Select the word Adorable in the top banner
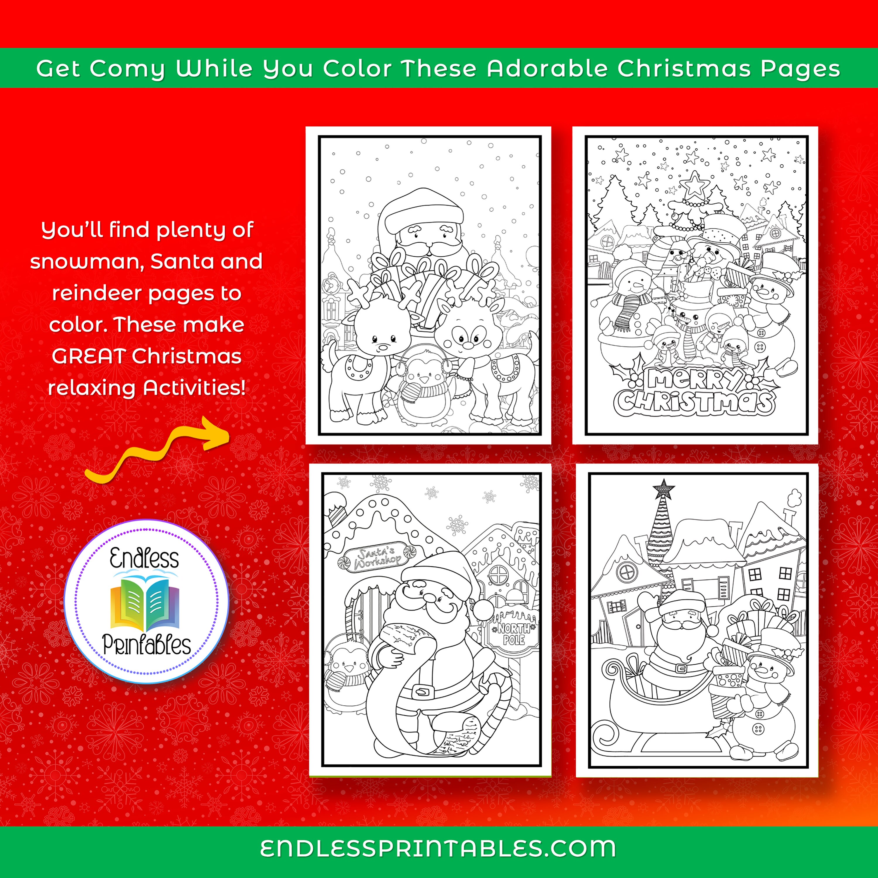[547, 68]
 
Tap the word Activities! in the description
[195, 388]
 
